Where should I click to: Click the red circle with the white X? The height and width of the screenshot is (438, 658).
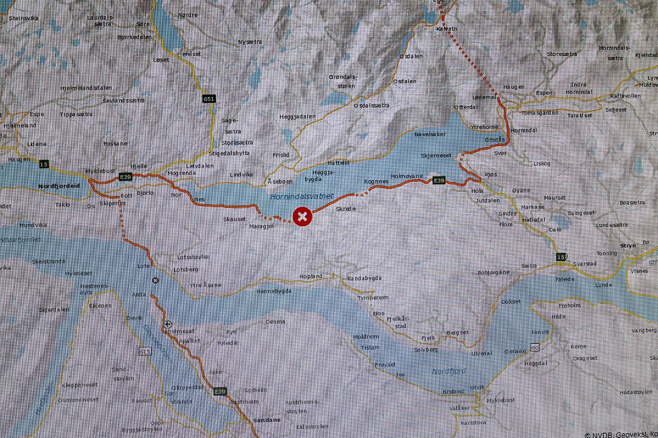(303, 217)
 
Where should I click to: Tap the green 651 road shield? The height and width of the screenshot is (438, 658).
(209, 98)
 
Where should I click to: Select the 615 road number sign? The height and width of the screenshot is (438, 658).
(145, 351)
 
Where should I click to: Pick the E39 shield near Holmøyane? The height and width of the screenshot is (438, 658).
(439, 180)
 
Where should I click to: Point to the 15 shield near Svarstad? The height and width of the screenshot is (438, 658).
(561, 257)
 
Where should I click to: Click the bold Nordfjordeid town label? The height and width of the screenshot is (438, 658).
(59, 186)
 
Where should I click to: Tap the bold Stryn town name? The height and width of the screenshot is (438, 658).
(629, 246)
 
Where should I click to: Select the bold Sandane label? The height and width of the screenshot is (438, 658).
(267, 420)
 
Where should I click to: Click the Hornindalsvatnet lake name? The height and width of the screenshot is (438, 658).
(302, 196)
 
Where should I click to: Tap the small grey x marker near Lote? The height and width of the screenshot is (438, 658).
(155, 280)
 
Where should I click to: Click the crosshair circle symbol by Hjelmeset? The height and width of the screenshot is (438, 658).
(167, 324)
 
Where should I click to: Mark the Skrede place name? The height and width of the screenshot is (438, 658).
(346, 209)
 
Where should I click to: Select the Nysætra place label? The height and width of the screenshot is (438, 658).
(250, 42)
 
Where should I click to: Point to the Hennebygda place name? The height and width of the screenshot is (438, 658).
(274, 291)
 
